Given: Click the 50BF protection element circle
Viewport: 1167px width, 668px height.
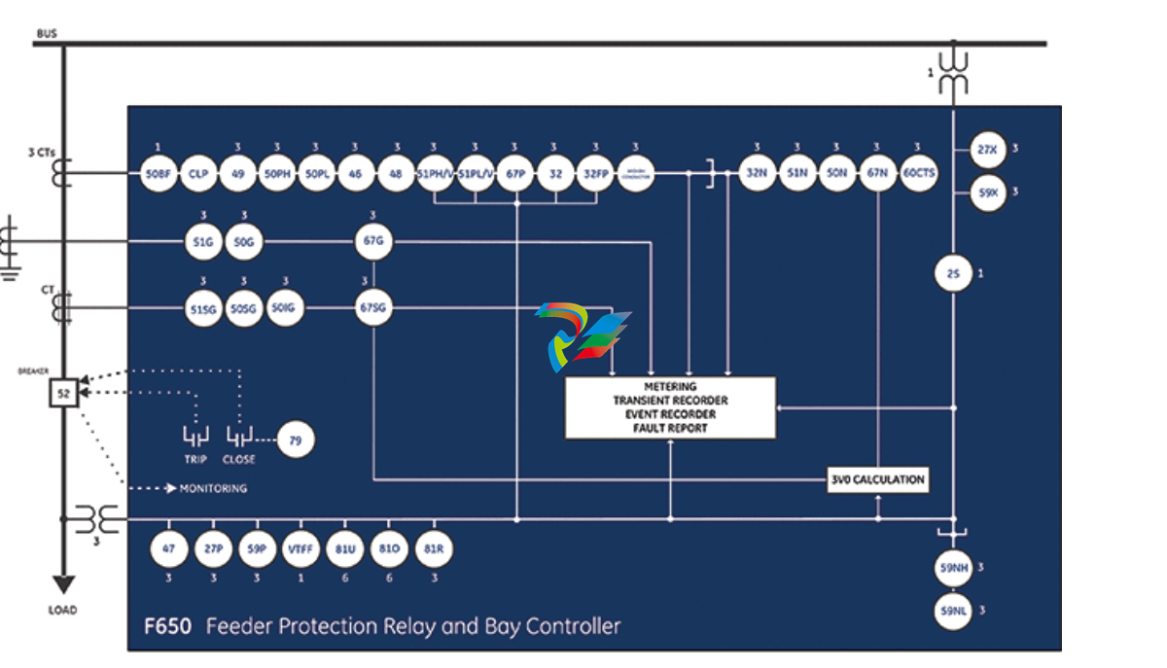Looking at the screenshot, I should (x=159, y=173).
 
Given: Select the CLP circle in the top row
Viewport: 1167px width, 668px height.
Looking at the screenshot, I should (x=198, y=173).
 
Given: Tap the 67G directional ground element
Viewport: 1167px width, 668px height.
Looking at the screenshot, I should (x=373, y=241).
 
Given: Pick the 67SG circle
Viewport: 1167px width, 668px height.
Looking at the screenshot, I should (x=373, y=308).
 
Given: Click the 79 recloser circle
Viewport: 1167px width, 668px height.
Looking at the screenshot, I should (x=296, y=440).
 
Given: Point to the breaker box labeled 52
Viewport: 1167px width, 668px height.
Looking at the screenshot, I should (x=64, y=393).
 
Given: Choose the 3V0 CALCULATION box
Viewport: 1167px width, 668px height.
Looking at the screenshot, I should (x=877, y=479).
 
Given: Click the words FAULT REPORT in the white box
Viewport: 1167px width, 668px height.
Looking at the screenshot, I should (x=671, y=428).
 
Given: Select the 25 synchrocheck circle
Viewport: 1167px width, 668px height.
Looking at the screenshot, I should (x=953, y=274).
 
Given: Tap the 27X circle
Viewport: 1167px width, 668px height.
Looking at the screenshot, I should (x=988, y=150).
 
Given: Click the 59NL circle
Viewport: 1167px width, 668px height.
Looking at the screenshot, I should (x=953, y=611).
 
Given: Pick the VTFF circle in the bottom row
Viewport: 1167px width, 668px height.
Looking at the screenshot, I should (x=299, y=548).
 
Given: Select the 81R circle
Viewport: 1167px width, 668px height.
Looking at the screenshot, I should (x=435, y=548).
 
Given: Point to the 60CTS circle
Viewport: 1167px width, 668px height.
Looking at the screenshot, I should (x=919, y=173).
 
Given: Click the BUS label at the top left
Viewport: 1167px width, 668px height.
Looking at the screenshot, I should (x=47, y=34).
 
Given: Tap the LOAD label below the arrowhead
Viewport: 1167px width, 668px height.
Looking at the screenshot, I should (x=62, y=611).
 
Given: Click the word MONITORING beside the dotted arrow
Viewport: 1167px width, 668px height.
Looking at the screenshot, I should (x=213, y=488).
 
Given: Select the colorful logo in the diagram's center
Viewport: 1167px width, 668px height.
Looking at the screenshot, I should (x=581, y=335).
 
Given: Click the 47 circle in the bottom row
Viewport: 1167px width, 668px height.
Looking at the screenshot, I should (x=169, y=548).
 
